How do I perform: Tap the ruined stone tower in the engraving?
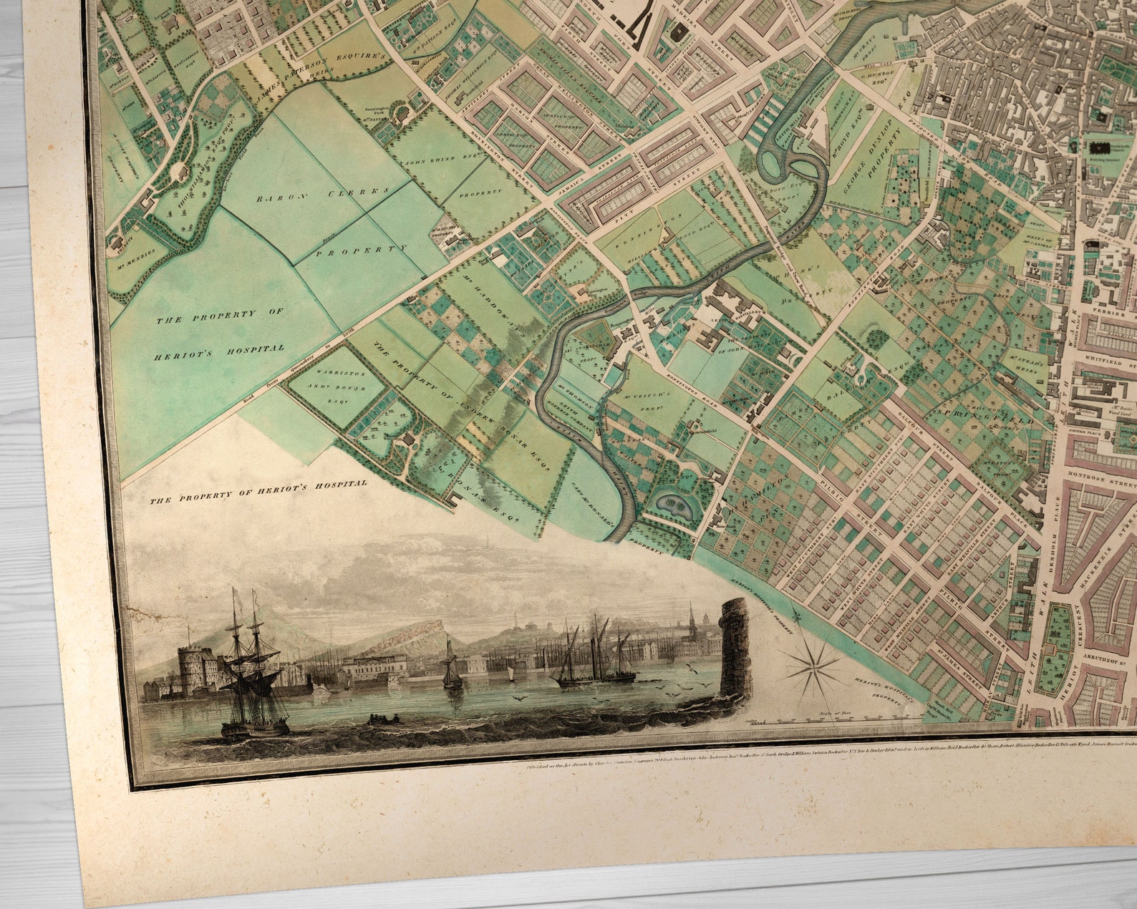pyautogui.click(x=735, y=648)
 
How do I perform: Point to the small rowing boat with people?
pyautogui.click(x=379, y=718)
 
